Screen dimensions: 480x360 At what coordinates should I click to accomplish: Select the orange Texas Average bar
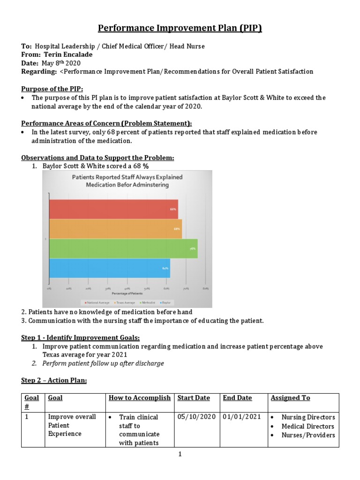coord(115,229)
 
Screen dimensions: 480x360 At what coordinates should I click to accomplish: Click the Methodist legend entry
coord(142,303)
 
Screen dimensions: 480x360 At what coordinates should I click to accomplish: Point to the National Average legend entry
coord(97,303)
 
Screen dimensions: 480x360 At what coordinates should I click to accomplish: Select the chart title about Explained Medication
coord(127,181)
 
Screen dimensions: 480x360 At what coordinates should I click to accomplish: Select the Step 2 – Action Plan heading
coord(54,380)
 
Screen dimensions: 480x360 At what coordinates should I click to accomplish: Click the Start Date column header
coord(194,398)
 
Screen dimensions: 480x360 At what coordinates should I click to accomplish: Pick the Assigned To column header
coord(290,398)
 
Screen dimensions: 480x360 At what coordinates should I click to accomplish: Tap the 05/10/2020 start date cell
coord(196,417)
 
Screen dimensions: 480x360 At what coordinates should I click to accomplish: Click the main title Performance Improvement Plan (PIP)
coord(180,28)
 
